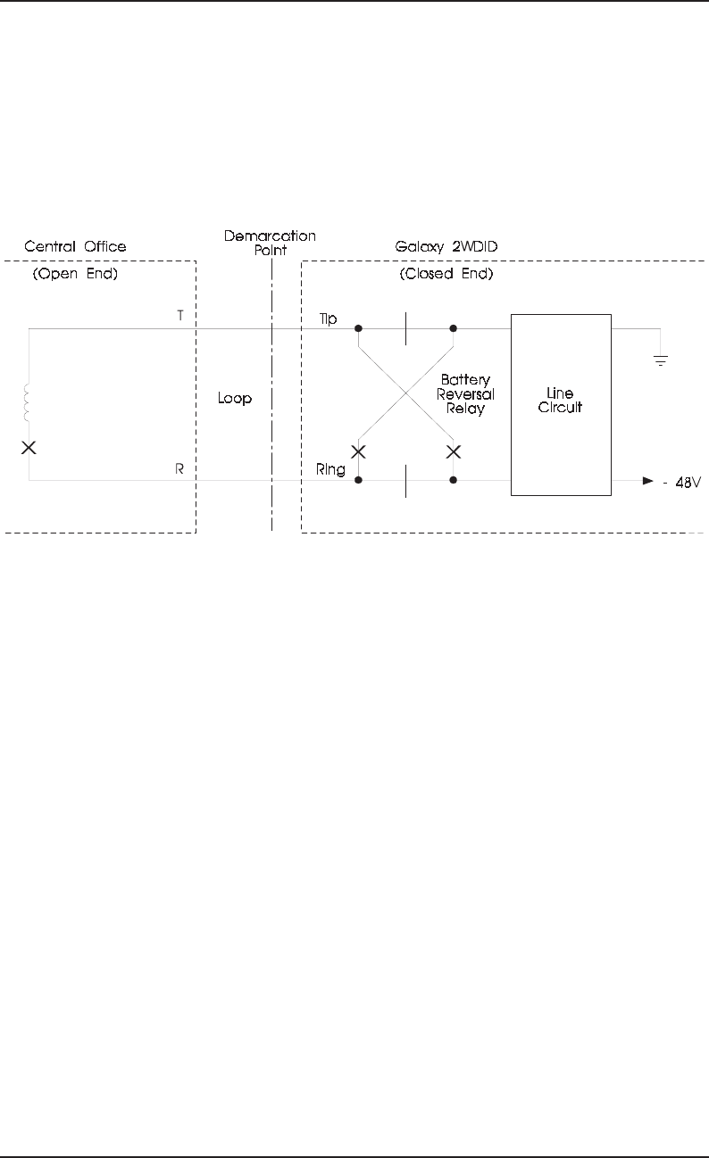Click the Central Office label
[75, 246]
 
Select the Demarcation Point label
[270, 244]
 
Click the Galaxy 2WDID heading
[445, 246]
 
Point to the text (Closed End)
[445, 274]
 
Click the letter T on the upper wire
[180, 317]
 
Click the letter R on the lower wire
[180, 467]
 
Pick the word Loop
[235, 399]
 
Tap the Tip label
[329, 318]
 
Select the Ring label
[330, 468]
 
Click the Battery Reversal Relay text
[466, 393]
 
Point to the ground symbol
[662, 360]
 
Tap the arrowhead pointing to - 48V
[648, 481]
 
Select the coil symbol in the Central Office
[29, 403]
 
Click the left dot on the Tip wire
[358, 328]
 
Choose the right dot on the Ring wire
[454, 480]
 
